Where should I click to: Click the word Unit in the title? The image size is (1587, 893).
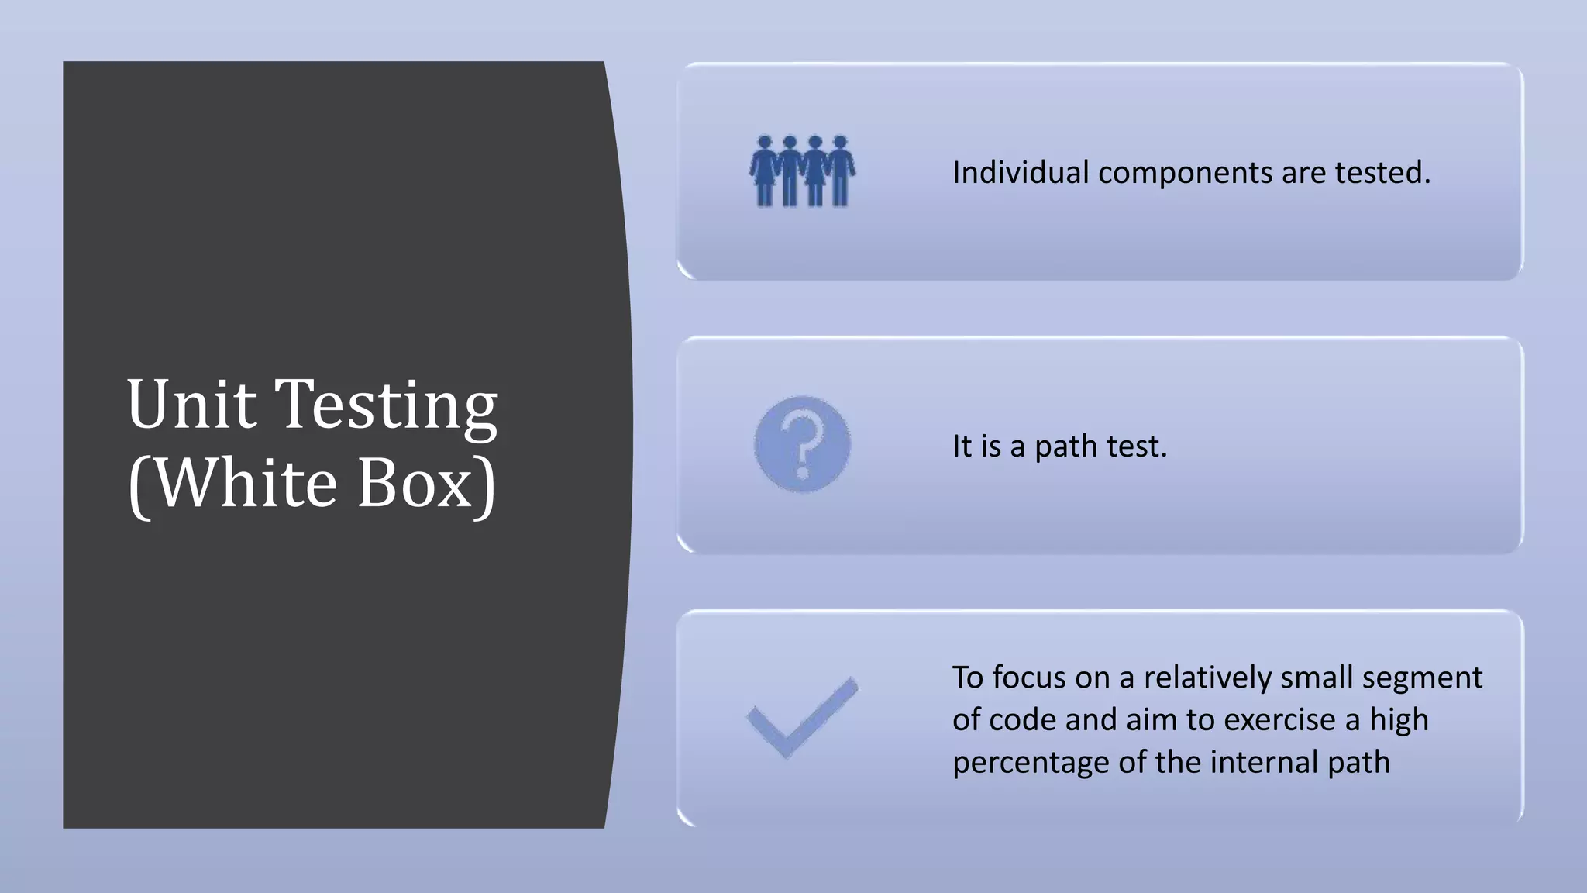point(191,404)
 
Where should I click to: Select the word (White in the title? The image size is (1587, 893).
point(232,483)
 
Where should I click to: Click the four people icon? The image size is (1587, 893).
point(802,171)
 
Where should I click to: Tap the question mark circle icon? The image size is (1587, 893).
point(802,444)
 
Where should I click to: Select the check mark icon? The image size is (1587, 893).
point(802,717)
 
